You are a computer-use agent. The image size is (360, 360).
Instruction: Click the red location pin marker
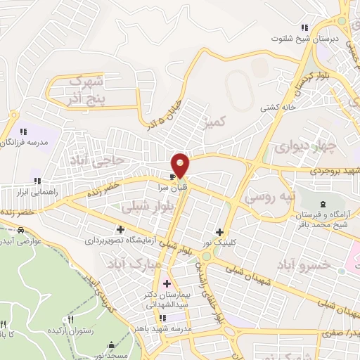click(x=181, y=165)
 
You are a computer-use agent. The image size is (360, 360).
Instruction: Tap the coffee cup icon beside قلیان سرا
click(x=172, y=176)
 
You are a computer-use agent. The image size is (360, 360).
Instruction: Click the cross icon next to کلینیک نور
click(x=220, y=232)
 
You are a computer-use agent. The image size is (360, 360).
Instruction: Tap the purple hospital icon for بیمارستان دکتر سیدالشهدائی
click(x=166, y=283)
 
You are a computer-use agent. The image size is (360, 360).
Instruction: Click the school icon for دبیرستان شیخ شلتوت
click(x=304, y=27)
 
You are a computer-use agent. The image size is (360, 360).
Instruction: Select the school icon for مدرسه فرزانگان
click(x=23, y=131)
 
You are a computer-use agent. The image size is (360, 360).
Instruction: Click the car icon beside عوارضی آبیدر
click(x=22, y=230)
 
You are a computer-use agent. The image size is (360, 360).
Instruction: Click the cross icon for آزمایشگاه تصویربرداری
click(x=121, y=229)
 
